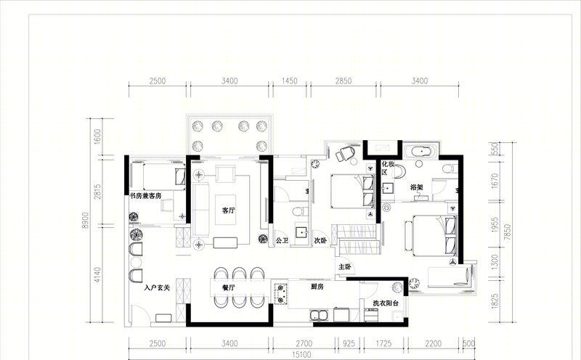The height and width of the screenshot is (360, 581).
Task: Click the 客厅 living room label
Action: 228,210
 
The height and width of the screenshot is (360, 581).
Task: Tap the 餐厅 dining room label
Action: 228,287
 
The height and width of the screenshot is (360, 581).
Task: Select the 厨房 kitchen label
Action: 317,286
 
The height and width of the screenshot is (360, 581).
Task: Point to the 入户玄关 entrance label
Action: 157,287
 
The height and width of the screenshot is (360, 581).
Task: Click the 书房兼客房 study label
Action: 145,195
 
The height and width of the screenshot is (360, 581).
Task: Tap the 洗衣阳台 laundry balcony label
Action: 386,303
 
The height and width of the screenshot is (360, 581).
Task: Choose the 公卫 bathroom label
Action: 282,240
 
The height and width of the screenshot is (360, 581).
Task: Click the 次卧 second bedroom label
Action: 320,240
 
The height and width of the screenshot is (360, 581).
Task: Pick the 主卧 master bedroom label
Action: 344,266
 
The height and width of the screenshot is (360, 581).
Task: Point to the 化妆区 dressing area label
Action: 388,168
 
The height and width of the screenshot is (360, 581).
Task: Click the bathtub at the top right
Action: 421,152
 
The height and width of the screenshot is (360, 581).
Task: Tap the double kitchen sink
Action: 319,316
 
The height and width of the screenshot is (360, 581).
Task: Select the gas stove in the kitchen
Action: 281,293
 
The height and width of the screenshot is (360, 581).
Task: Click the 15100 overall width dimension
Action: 301,355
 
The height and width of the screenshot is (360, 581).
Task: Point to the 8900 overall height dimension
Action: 86,220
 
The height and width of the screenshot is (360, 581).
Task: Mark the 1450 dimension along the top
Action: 289,81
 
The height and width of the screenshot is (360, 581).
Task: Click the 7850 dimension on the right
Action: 507,232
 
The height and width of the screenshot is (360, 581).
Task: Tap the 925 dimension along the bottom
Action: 349,344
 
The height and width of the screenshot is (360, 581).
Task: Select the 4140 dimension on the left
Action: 97,275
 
